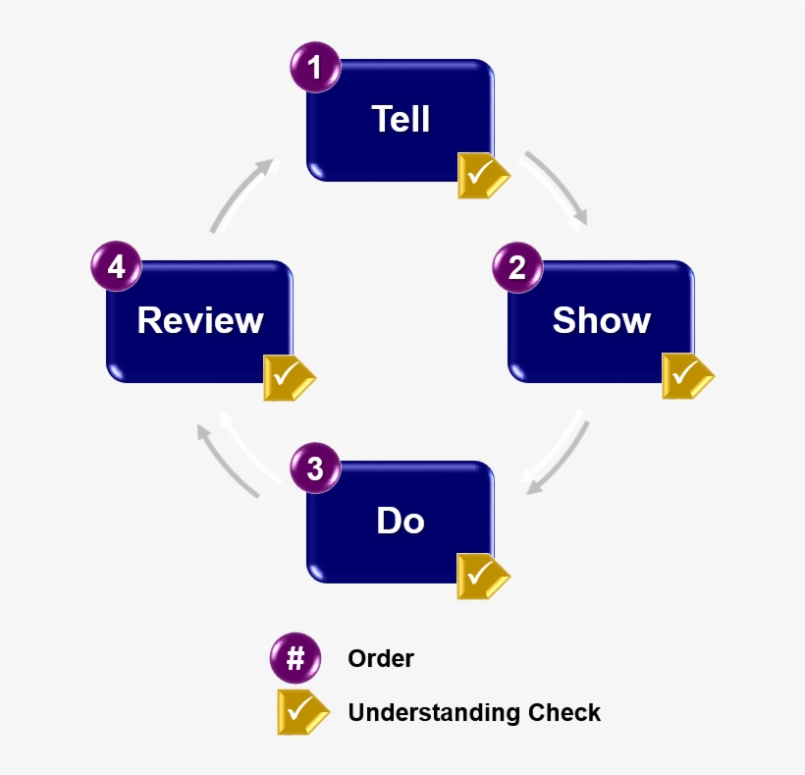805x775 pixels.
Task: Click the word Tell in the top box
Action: pos(401,119)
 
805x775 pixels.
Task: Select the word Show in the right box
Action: pos(601,320)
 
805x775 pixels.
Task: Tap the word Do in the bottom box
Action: pos(401,521)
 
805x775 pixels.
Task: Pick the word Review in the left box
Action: pos(200,320)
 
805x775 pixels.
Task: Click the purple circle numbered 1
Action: pos(315,68)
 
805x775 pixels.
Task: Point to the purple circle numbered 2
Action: pos(516,268)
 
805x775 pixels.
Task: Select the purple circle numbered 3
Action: pos(315,469)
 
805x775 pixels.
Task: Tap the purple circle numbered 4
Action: pos(116,267)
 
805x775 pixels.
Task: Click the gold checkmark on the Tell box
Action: pos(482,176)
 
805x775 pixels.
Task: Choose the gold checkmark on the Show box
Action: pos(686,376)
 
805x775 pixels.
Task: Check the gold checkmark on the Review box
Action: pos(288,378)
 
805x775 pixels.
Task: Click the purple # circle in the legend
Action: pos(295,658)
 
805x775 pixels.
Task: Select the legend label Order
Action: pos(381,658)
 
